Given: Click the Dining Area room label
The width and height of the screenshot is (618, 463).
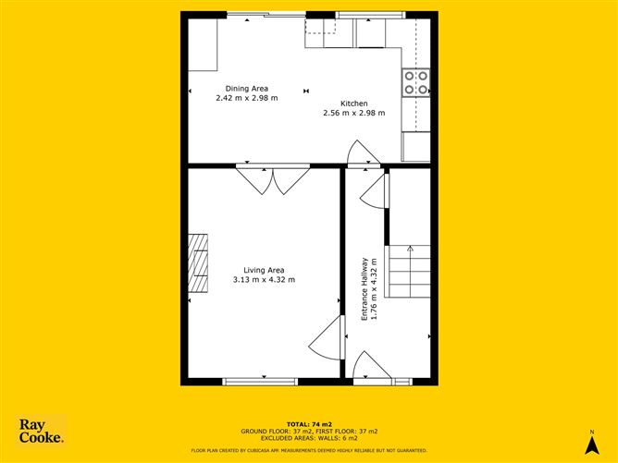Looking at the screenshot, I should pos(247,88).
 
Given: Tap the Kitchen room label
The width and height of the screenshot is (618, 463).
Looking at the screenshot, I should pos(353,104).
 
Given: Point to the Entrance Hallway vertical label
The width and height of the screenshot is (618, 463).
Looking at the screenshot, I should pos(365,289).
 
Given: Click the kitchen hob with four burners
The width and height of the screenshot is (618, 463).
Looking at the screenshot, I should pos(415,83).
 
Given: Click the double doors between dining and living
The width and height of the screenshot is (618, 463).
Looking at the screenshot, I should pos(266,179).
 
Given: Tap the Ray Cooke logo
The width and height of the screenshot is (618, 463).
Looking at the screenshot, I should pos(42,431).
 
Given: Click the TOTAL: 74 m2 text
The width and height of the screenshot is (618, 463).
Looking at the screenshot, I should pos(308,423).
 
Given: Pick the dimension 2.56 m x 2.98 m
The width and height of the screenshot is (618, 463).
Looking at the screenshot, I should pos(353,114).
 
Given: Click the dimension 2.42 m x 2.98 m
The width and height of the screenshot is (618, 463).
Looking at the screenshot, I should pos(247,97).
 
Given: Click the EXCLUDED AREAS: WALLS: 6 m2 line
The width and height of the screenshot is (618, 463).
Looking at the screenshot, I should pos(308,439).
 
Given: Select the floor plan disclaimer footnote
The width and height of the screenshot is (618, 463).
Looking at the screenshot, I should pos(308,450).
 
